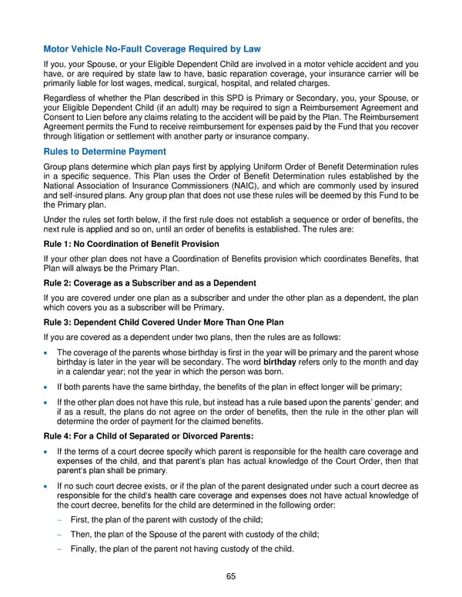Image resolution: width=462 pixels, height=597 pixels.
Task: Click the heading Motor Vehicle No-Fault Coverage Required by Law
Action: pyautogui.click(x=152, y=49)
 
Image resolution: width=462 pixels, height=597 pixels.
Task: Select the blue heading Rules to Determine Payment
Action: pyautogui.click(x=104, y=151)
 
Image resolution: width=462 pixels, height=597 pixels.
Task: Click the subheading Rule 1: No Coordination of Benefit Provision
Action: pyautogui.click(x=132, y=244)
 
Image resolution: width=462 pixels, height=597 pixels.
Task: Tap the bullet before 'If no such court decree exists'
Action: pyautogui.click(x=49, y=487)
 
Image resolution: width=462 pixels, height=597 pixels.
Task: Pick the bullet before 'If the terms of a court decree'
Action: pyautogui.click(x=49, y=452)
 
